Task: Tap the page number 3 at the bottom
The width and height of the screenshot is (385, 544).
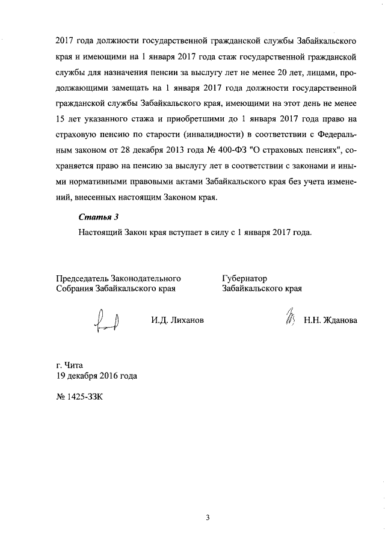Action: [208, 518]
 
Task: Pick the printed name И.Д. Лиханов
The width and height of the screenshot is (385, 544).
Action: [177, 320]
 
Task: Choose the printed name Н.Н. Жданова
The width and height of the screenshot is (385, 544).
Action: [330, 320]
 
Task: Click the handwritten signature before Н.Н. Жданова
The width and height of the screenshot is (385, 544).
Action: [289, 317]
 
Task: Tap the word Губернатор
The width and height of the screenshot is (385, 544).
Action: [245, 278]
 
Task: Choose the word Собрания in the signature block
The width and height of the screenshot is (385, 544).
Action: [75, 289]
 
